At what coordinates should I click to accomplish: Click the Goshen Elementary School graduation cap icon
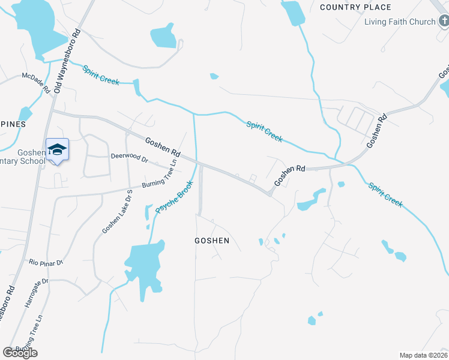(57, 149)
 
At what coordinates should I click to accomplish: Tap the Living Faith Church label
(400, 22)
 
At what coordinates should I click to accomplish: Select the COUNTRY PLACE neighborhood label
(355, 7)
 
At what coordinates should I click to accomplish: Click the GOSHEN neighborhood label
(212, 241)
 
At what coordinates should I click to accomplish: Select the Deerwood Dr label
(129, 158)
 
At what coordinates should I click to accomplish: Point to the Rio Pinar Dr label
(46, 263)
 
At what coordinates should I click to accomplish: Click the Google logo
(20, 353)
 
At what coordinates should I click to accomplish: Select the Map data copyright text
(423, 355)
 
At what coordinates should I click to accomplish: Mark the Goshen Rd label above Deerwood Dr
(163, 147)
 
